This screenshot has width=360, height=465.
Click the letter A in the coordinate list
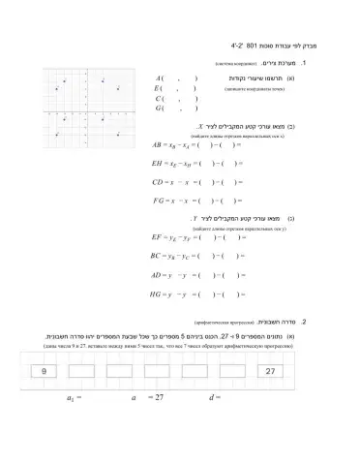click(158, 77)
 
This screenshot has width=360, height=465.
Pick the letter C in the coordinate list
click(158, 99)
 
